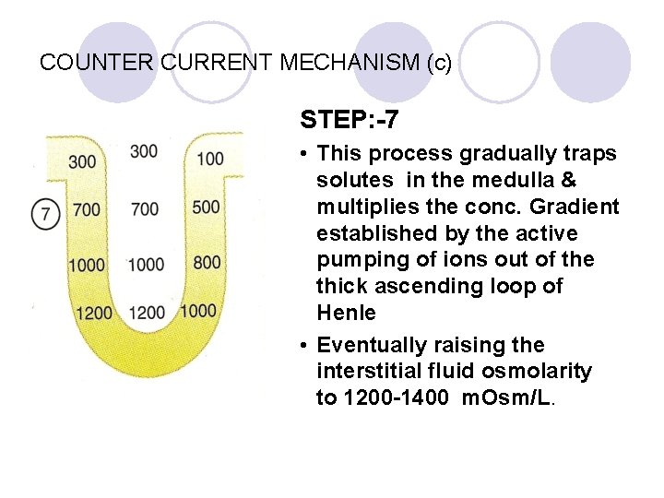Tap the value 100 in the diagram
(210, 159)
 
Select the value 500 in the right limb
(207, 206)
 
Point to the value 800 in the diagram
(207, 262)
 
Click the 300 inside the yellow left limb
(82, 162)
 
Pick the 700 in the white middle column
(144, 209)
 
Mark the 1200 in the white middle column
(147, 313)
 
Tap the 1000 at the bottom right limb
(200, 310)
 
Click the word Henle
(346, 313)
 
